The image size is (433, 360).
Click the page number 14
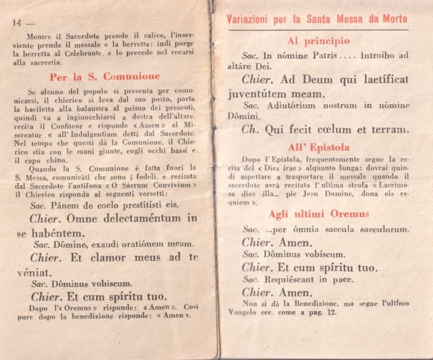tap(16, 22)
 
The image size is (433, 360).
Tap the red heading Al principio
tap(318, 41)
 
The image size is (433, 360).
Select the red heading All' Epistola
tap(318, 147)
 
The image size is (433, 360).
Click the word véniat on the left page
tap(32, 272)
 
